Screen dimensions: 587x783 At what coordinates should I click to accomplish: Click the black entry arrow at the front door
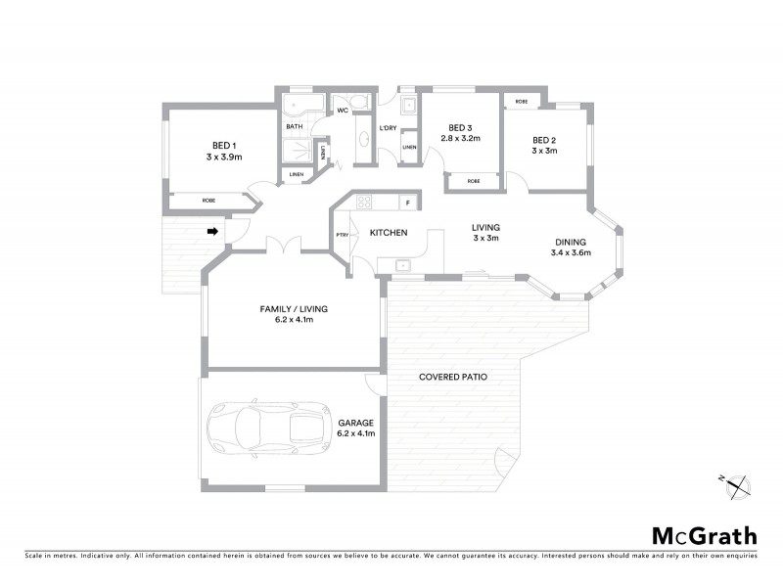tap(211, 232)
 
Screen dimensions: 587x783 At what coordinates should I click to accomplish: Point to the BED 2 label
tap(544, 138)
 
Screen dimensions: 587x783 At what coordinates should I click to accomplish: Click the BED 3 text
tap(460, 127)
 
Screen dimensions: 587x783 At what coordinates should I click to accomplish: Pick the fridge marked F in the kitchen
tap(409, 203)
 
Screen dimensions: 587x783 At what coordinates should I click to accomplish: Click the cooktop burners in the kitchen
tap(363, 203)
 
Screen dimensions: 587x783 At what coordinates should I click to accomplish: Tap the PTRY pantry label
tap(342, 235)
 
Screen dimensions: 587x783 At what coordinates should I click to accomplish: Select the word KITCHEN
tap(389, 232)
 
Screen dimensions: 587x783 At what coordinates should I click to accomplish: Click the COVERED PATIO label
tap(453, 377)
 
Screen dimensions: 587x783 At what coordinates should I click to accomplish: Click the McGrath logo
tap(704, 535)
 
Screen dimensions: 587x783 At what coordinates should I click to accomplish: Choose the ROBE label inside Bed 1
tap(208, 201)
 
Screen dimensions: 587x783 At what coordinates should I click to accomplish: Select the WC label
tap(343, 111)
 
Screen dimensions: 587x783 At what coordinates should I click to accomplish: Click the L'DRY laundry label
tap(388, 128)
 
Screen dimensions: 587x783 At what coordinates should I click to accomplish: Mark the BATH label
tap(294, 126)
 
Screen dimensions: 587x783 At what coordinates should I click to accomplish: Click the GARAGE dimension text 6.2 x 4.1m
tap(356, 431)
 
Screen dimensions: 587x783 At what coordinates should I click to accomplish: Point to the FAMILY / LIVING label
tap(294, 308)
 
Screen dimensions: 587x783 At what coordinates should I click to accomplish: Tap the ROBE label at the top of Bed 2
tap(522, 102)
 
